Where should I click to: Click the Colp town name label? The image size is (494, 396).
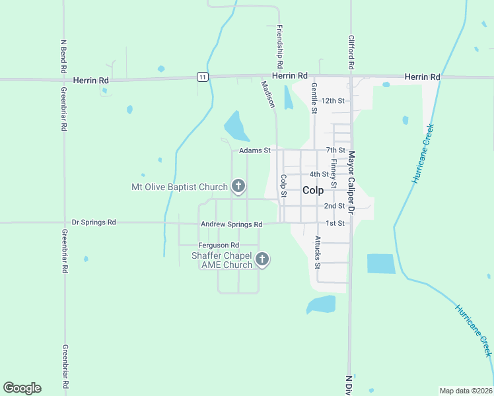coord(313,190)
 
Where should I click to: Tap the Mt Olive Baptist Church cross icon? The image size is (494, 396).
coord(238,187)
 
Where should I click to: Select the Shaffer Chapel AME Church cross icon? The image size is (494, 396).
coord(262,259)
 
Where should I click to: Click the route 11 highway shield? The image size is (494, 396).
coord(203,77)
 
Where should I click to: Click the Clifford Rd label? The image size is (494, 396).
coord(351,53)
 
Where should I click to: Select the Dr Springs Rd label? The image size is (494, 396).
coord(94,222)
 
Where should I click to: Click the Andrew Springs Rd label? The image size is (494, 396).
coord(231,224)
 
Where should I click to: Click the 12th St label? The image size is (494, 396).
coord(334,101)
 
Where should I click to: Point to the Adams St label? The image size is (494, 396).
coord(255,150)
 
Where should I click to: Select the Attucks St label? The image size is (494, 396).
coord(318,252)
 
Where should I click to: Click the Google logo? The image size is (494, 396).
coord(22,388)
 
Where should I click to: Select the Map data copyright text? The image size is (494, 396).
coord(466,391)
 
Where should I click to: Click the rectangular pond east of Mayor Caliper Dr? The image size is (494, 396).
coord(381,264)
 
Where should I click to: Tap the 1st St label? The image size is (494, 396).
coord(335,223)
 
